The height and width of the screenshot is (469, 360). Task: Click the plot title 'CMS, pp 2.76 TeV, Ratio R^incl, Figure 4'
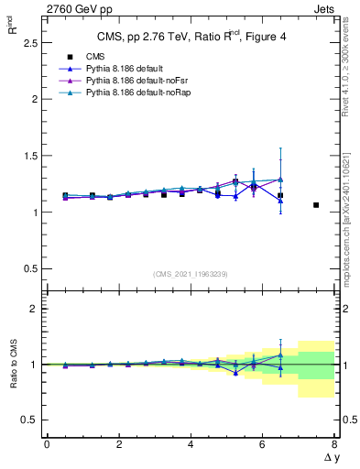(x=188, y=37)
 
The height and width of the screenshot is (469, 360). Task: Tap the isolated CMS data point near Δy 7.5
(x=316, y=205)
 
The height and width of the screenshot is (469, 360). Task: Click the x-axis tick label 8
(x=334, y=444)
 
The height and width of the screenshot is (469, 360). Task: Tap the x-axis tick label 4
(x=191, y=444)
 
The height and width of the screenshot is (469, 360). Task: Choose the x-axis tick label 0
(x=47, y=444)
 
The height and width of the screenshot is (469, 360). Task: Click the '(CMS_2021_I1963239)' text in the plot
(x=191, y=274)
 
